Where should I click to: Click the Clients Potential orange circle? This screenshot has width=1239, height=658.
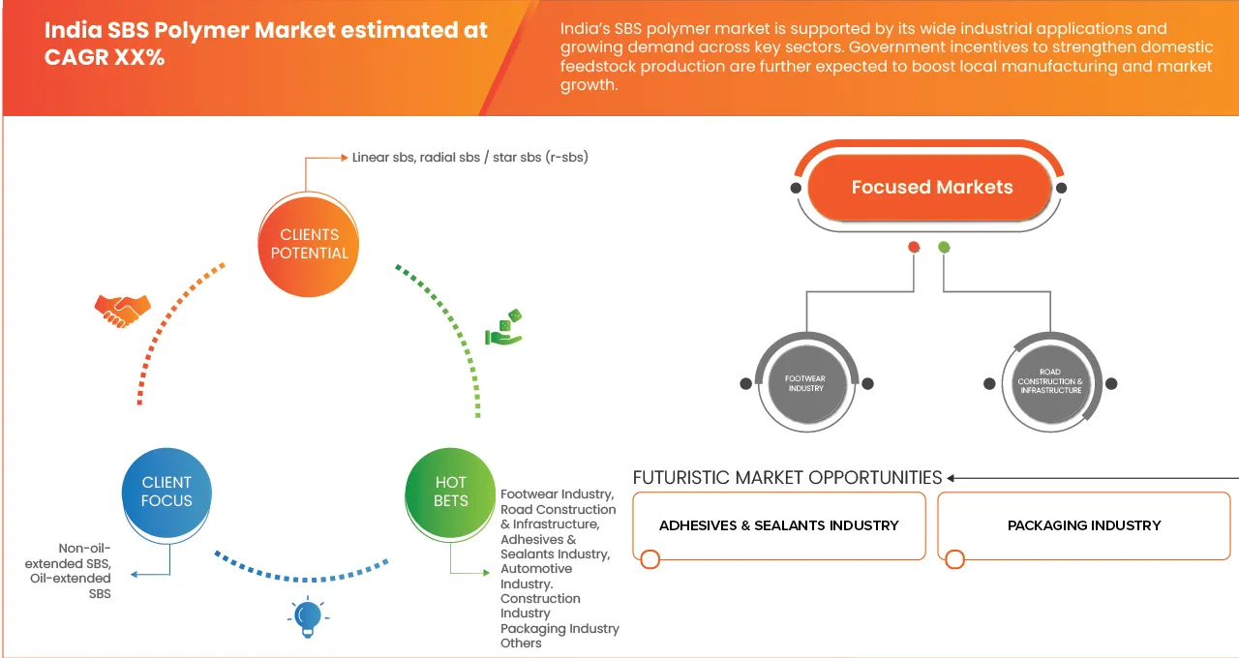(x=310, y=244)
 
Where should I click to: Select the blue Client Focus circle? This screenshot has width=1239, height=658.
(x=166, y=492)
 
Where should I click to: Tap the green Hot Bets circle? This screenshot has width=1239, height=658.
(x=450, y=492)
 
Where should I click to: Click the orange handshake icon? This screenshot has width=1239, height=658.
(x=122, y=310)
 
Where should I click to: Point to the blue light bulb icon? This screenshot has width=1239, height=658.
(x=308, y=617)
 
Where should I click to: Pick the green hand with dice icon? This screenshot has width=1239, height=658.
(x=503, y=328)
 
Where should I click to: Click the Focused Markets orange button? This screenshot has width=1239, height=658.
(x=931, y=188)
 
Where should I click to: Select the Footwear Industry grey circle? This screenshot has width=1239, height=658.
(x=805, y=383)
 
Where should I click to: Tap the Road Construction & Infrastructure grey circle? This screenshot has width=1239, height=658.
(x=1050, y=382)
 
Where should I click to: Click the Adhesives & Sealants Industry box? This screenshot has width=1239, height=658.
(x=779, y=525)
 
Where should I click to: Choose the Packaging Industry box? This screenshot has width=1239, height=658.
(x=1084, y=525)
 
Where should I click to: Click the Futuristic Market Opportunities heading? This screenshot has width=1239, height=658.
(x=787, y=477)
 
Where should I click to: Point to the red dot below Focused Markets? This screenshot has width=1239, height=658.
(x=913, y=248)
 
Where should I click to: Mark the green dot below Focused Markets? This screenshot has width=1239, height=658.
(x=945, y=248)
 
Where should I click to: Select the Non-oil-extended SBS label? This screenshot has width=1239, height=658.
(x=84, y=555)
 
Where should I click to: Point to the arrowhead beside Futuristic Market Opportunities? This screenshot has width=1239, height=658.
(x=952, y=478)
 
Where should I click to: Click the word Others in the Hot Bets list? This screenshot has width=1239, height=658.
(x=521, y=643)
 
